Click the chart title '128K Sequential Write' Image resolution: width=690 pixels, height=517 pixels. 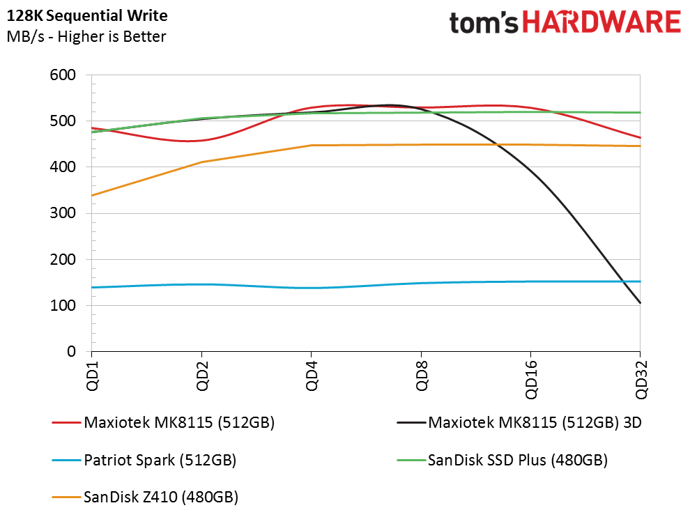[x=89, y=15]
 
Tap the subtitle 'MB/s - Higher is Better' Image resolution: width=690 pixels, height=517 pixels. [x=86, y=36]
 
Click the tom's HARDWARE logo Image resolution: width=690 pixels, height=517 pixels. [x=565, y=22]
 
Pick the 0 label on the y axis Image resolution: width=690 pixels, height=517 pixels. [x=71, y=352]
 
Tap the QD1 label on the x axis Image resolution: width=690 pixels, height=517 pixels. [x=92, y=377]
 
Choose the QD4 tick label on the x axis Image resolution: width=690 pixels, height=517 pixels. [x=312, y=377]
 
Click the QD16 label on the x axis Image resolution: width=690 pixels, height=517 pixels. [x=531, y=380]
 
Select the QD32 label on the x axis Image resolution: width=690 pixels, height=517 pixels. [x=641, y=380]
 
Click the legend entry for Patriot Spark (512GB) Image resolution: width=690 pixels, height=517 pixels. [x=159, y=460]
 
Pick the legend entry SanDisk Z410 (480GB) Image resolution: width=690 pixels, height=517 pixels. [x=160, y=497]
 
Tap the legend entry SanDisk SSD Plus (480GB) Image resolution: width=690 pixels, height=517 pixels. [x=517, y=460]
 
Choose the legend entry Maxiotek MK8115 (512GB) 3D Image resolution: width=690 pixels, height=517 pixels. [x=535, y=422]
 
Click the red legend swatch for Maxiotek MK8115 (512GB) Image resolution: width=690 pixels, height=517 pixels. [x=66, y=422]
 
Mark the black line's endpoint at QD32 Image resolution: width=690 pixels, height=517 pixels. [x=640, y=303]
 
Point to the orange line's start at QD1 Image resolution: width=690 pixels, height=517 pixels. [x=91, y=196]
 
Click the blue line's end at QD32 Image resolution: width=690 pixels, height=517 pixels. [x=640, y=281]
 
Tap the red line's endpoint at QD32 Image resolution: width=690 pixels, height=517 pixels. [x=640, y=138]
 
